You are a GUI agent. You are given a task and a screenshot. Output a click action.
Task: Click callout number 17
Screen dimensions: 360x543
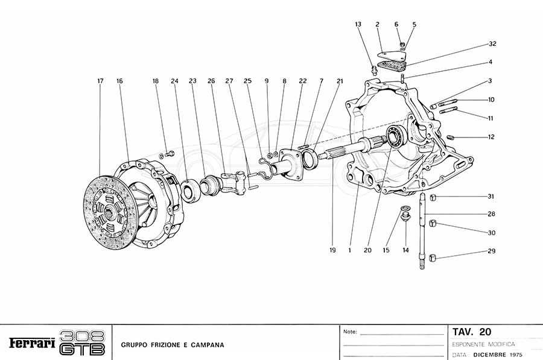coord(101,80)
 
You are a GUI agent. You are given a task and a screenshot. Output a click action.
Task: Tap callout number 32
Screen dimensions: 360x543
coord(492,45)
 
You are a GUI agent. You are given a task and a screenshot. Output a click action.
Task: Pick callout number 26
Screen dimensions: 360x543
coord(211,80)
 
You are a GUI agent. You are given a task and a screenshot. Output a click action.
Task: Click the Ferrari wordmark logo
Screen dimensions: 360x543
coord(31,343)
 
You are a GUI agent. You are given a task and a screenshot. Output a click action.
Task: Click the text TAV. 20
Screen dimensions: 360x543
coord(472,332)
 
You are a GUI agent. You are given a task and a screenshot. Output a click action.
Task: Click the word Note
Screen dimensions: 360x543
coord(350,332)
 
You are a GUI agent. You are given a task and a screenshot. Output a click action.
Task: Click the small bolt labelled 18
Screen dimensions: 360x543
coord(169,153)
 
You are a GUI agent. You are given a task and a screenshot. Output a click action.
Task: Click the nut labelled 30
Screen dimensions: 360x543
coord(433,226)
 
